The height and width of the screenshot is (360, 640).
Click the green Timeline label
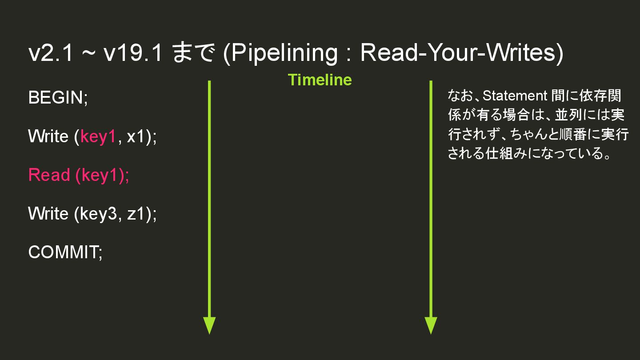click(x=320, y=80)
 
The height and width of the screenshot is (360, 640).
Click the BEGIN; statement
click(x=58, y=98)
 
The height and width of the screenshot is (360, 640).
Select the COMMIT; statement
click(x=65, y=252)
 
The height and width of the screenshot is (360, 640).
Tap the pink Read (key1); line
click(x=79, y=175)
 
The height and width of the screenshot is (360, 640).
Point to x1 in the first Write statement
click(x=137, y=136)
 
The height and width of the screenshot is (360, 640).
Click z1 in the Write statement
click(x=137, y=214)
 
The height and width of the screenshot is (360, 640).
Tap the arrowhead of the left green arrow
click(x=209, y=325)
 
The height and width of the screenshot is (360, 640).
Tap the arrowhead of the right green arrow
click(x=431, y=325)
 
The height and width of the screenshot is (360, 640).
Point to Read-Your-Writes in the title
click(x=458, y=54)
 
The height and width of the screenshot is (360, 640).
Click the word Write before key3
click(x=48, y=214)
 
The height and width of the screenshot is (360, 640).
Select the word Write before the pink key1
click(x=48, y=136)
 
